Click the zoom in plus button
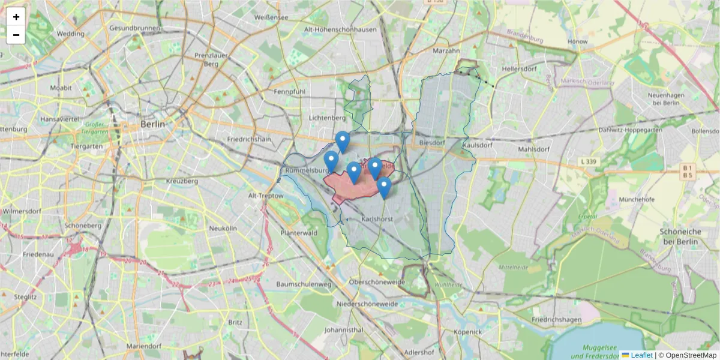coord(16,17)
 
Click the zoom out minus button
coord(16,35)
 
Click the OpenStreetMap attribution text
coord(691,355)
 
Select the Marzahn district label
coord(446,51)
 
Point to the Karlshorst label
coord(377,220)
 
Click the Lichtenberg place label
coord(327,118)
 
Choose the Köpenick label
coord(467,332)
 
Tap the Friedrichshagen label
coord(556,320)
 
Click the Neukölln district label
coord(223,229)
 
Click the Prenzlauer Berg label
coord(210,59)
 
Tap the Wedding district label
coord(70,34)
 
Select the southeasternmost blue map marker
coord(384,188)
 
